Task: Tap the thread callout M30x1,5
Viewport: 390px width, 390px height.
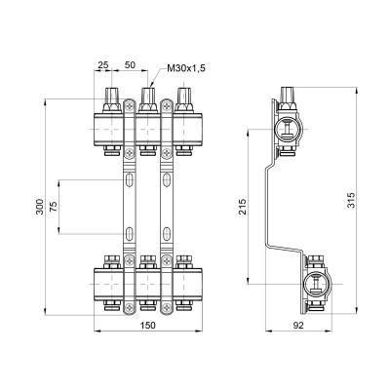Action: pyautogui.click(x=185, y=67)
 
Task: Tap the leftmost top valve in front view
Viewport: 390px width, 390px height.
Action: pyautogui.click(x=111, y=97)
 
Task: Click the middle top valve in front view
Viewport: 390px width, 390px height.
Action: pyautogui.click(x=146, y=97)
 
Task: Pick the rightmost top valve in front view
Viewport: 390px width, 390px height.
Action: pyautogui.click(x=181, y=97)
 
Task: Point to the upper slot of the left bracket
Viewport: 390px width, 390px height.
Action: pyautogui.click(x=129, y=181)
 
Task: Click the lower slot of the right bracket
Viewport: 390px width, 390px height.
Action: pyautogui.click(x=164, y=233)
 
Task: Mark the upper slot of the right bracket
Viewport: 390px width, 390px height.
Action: pyautogui.click(x=164, y=181)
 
